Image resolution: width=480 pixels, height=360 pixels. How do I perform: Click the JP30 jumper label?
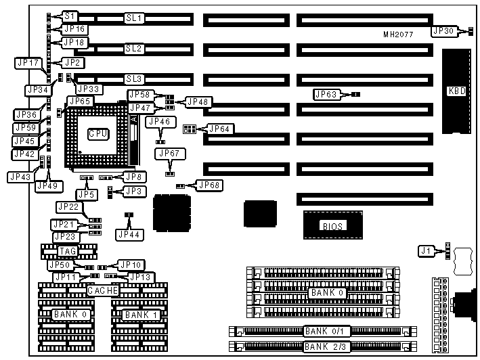(443, 30)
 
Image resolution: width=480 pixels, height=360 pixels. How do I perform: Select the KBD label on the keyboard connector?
(457, 91)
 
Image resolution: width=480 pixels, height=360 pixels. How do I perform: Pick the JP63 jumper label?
(328, 94)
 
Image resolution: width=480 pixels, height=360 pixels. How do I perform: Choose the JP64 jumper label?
(219, 128)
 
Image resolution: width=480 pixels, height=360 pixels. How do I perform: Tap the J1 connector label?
(425, 252)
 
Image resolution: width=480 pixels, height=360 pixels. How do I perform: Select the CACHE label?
(103, 290)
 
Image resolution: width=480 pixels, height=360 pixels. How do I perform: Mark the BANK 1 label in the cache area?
(141, 315)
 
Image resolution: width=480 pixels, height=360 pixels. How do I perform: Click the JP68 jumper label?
(207, 184)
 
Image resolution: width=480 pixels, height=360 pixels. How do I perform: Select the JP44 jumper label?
(129, 234)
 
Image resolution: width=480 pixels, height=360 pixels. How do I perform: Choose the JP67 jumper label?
(169, 154)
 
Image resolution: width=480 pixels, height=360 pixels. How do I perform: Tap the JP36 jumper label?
(26, 114)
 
